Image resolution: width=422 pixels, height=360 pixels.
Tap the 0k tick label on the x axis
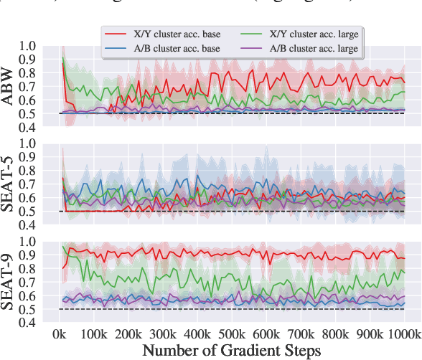61,334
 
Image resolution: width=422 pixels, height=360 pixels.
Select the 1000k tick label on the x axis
403,334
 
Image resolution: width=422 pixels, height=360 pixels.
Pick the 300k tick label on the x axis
164,334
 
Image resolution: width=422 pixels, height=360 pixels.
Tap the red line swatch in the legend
115,34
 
